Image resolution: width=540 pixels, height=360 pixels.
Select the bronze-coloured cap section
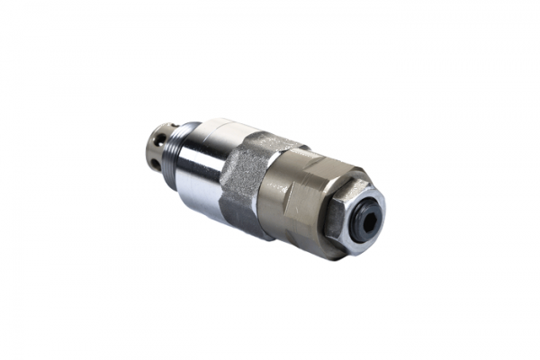tap(301, 198)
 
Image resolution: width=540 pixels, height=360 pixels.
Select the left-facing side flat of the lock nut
tap(332, 216)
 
